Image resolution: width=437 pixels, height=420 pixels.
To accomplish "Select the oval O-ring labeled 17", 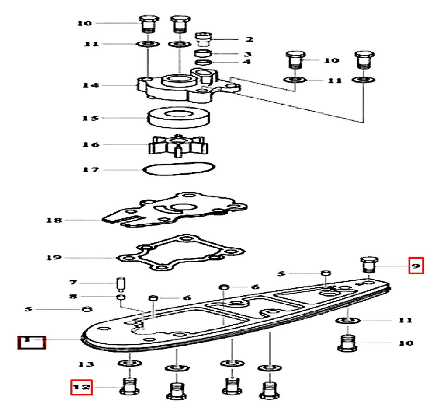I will tap(179, 168).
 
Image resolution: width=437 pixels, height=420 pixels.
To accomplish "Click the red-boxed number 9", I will tap(416, 266).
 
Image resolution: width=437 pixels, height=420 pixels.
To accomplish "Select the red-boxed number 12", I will tap(82, 387).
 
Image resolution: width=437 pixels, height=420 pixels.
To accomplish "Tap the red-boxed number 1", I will tap(31, 341).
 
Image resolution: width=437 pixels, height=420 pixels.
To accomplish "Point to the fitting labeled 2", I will tap(204, 40).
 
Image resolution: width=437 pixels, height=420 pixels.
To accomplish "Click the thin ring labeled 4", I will tap(202, 63).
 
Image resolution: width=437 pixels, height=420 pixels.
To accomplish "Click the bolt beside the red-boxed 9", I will tap(368, 265).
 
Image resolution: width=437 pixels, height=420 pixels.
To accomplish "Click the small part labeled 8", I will tap(119, 297).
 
